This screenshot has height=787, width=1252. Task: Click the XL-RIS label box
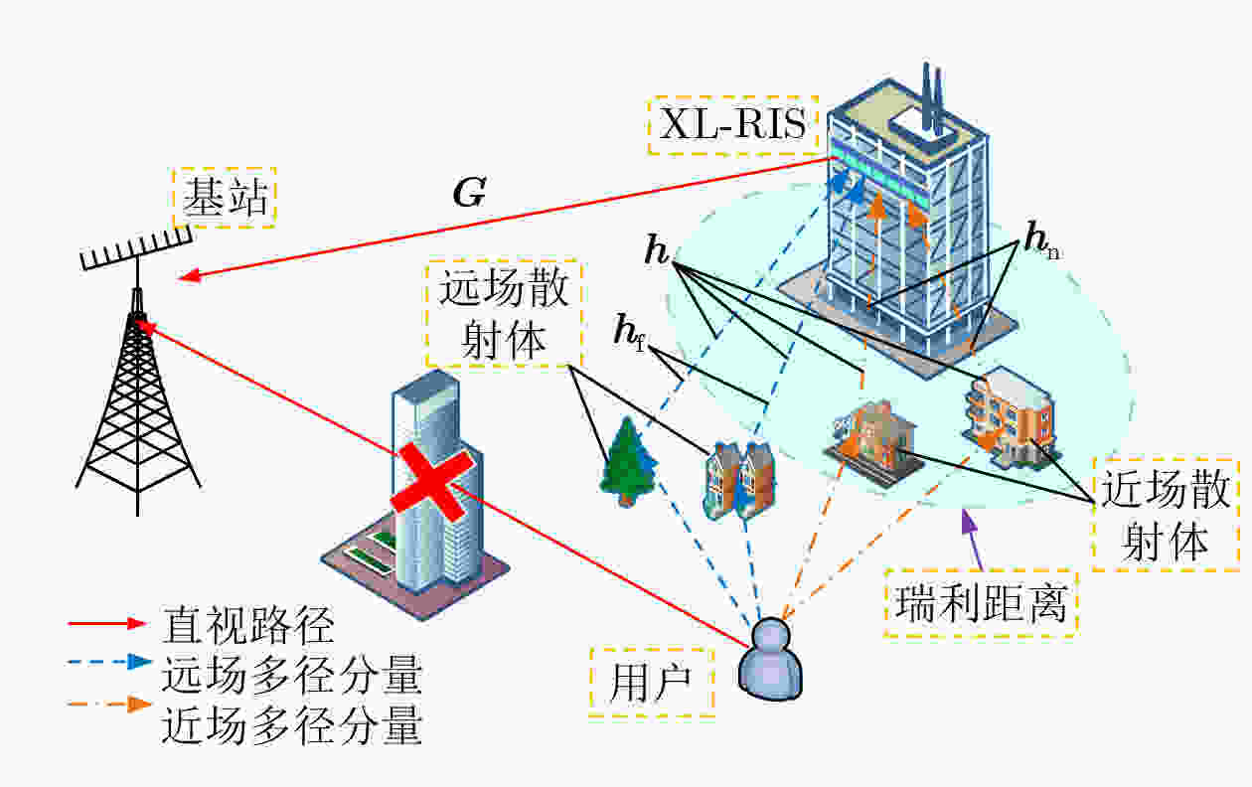tap(732, 125)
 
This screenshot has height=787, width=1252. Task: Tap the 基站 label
tap(225, 198)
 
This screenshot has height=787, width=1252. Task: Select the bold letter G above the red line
tap(469, 193)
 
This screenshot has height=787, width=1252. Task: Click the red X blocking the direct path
tap(432, 482)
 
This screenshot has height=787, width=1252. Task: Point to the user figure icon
tap(770, 659)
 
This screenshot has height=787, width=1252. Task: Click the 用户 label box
tap(652, 683)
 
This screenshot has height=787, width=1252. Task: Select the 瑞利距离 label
tap(981, 603)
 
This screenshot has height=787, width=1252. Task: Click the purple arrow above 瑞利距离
tap(972, 541)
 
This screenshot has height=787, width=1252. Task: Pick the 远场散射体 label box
tap(504, 314)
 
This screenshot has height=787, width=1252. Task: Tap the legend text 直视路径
tap(248, 625)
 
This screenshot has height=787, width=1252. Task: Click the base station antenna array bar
tap(136, 247)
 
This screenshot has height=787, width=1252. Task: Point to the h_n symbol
tap(1042, 240)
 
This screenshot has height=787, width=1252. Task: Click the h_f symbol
tap(630, 332)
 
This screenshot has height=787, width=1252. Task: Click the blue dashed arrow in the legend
tap(110, 662)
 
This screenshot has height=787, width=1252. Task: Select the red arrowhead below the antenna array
tap(189, 275)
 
